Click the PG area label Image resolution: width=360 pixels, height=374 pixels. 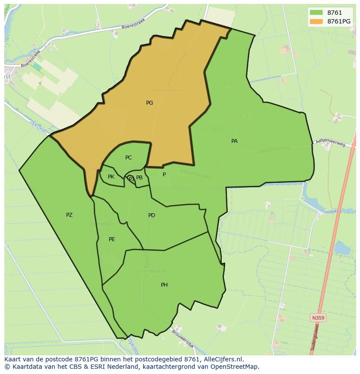pos(150,103)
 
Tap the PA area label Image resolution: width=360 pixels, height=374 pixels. pos(234,141)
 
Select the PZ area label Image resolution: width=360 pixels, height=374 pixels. pos(69,215)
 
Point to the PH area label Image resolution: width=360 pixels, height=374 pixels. pos(164,285)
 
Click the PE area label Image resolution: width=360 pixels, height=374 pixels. pos(112,239)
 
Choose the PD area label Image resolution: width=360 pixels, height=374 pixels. pos(151,215)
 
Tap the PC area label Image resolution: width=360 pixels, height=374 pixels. pos(128,158)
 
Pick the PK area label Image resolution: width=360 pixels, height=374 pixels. pos(111,177)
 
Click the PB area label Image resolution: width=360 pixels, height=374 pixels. pos(139,178)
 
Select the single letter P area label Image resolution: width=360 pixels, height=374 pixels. pos(164,175)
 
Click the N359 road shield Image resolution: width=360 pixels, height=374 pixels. pos(318,318)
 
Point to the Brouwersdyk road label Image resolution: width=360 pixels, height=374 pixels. pos(182,338)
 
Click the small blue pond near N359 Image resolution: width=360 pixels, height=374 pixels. pos(342,248)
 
